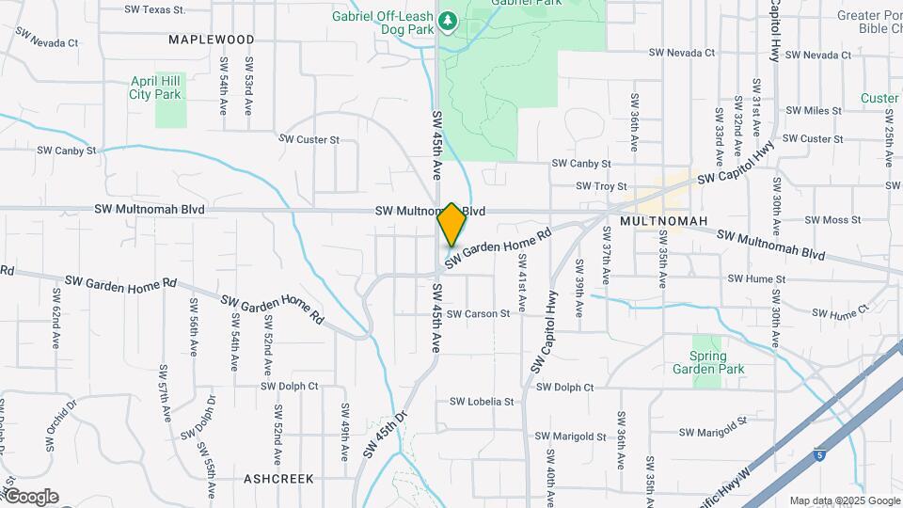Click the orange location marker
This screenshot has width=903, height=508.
coord(451,224)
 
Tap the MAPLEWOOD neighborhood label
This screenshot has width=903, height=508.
coord(212,40)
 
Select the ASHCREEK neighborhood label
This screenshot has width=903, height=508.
coord(278,479)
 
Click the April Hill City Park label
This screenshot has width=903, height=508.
coord(155,87)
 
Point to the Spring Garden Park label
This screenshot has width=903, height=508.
coord(707,362)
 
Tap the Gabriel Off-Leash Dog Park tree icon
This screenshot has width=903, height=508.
coord(449,20)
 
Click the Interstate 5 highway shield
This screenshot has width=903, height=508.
coord(819,455)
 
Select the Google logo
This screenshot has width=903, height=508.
coord(30,497)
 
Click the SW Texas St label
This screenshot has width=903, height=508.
coord(154,9)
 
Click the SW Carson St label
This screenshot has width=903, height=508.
coord(478,313)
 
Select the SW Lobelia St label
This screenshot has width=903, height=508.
coord(482,402)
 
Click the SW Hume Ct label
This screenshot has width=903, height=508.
coord(839,314)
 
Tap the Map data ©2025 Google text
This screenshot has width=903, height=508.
coord(844,500)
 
